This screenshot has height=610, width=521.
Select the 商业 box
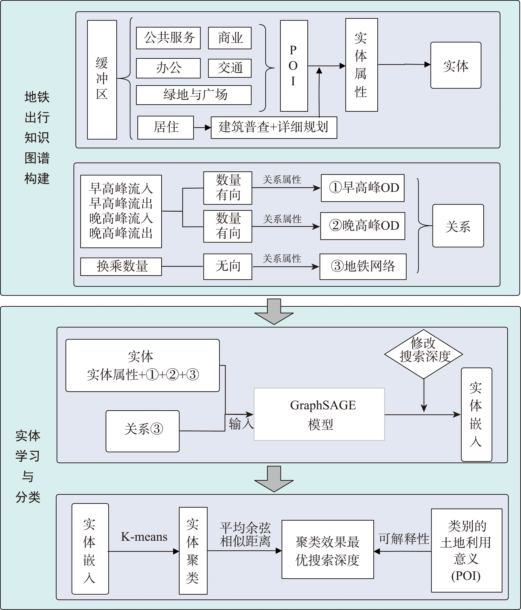(x=230, y=38)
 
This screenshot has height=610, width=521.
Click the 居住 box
(x=165, y=127)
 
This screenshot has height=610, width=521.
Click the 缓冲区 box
(x=102, y=79)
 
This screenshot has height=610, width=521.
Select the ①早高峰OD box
(x=362, y=188)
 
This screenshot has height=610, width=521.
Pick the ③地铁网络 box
(x=363, y=267)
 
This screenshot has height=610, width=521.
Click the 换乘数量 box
(x=121, y=267)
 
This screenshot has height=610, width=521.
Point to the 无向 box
(x=228, y=267)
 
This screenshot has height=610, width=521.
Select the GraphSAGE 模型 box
(x=319, y=414)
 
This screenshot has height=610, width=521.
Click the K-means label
(x=144, y=537)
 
